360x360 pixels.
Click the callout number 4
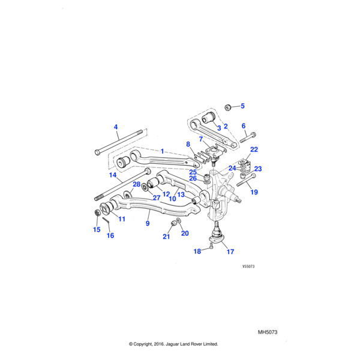pyautogui.click(x=116, y=127)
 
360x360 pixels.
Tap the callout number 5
pyautogui.click(x=242, y=106)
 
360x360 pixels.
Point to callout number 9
pyautogui.click(x=147, y=223)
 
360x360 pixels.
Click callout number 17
pyautogui.click(x=230, y=252)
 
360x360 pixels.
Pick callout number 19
pyautogui.click(x=254, y=193)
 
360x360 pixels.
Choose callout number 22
pyautogui.click(x=254, y=149)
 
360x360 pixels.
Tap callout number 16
pyautogui.click(x=110, y=235)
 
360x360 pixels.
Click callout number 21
pyautogui.click(x=166, y=236)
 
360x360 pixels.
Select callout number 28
pyautogui.click(x=136, y=184)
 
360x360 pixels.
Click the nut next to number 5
pyautogui.click(x=228, y=107)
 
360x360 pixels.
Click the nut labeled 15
pyautogui.click(x=98, y=213)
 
